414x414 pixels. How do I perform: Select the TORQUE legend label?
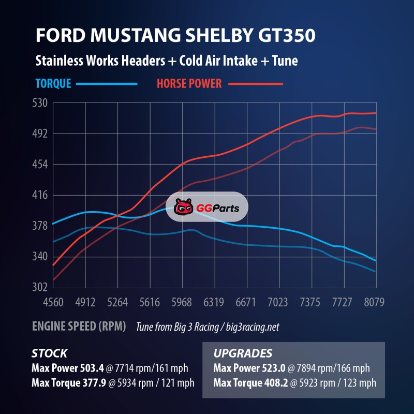(53, 83)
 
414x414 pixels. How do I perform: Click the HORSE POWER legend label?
(189, 83)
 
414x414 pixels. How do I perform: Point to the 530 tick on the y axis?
(41, 103)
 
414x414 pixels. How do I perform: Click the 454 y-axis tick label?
(41, 165)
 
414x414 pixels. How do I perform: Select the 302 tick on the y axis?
(41, 287)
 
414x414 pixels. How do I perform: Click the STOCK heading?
(49, 354)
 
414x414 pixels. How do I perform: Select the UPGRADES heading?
(243, 354)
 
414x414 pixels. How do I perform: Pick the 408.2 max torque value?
(274, 383)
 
